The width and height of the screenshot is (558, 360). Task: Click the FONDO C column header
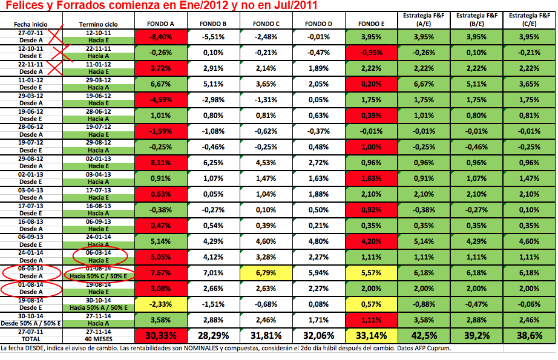(267, 24)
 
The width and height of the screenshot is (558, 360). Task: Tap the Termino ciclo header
(98, 25)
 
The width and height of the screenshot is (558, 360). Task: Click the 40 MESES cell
(98, 339)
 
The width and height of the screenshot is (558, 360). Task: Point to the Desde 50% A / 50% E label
(31, 324)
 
